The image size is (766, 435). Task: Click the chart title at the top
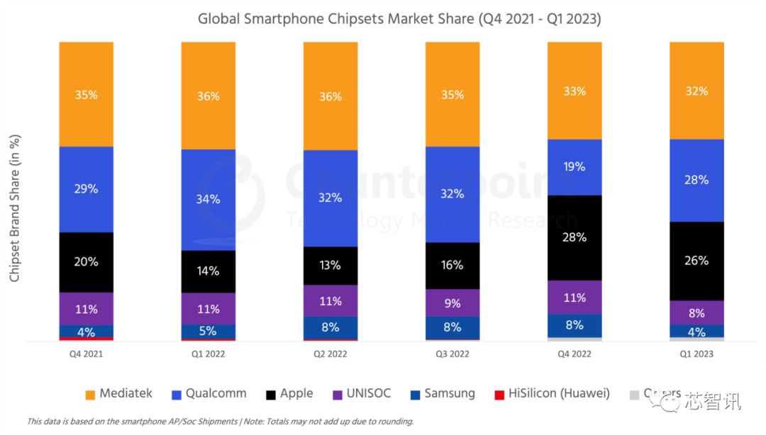click(399, 19)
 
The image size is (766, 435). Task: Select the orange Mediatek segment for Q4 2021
click(87, 94)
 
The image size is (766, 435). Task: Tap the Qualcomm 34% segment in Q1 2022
click(209, 199)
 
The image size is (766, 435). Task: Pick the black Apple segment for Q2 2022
click(331, 266)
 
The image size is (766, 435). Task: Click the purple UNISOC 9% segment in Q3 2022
click(453, 303)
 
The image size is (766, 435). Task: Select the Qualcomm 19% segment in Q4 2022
click(574, 166)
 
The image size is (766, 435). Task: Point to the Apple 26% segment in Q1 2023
click(696, 261)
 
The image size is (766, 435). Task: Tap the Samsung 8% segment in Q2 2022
click(331, 327)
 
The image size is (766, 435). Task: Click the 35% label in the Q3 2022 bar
click(453, 95)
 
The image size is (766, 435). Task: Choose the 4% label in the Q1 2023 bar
click(696, 332)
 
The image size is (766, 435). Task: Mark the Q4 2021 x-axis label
click(87, 354)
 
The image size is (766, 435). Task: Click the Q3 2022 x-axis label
click(453, 354)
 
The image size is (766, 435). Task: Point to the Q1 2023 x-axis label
click(696, 354)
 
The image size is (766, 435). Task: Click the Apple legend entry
click(287, 394)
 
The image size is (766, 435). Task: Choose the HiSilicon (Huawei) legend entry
click(551, 394)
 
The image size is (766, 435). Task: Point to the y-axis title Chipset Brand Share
click(15, 207)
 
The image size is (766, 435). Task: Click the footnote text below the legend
click(220, 422)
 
